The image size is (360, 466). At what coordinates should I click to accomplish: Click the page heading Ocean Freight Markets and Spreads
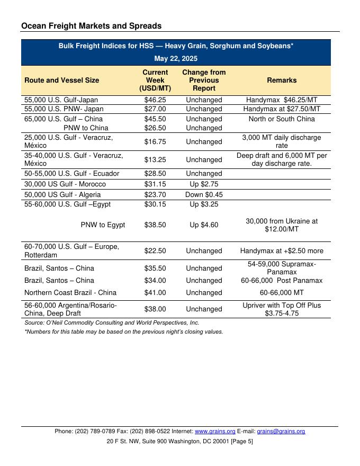click(x=92, y=25)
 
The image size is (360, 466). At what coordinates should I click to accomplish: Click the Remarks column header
click(x=282, y=80)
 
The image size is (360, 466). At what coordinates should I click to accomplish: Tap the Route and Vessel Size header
click(x=61, y=80)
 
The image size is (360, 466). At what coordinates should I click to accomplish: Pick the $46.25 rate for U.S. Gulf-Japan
click(x=155, y=100)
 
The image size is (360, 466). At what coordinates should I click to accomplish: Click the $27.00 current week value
click(x=155, y=109)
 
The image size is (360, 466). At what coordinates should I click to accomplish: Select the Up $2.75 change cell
click(x=204, y=184)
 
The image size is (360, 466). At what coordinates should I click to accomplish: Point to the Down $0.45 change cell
click(x=204, y=195)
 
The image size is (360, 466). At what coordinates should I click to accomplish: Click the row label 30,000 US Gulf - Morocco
click(x=65, y=184)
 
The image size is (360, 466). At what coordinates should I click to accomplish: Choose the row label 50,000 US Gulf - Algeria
click(x=62, y=195)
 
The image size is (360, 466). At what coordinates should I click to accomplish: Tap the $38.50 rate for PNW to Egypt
click(x=155, y=225)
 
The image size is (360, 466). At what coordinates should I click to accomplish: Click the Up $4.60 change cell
click(x=204, y=225)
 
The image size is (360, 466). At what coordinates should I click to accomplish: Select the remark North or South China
click(x=282, y=119)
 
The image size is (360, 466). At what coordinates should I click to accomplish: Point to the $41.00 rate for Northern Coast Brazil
click(x=155, y=293)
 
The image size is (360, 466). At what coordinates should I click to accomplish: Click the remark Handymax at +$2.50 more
click(x=282, y=251)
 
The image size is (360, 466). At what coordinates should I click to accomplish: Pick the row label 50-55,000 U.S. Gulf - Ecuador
click(x=72, y=174)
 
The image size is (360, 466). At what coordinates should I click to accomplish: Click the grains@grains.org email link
click(x=281, y=432)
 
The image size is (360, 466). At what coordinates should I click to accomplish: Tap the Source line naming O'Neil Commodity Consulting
click(x=112, y=322)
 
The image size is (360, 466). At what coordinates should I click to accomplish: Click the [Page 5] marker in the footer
click(x=240, y=441)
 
